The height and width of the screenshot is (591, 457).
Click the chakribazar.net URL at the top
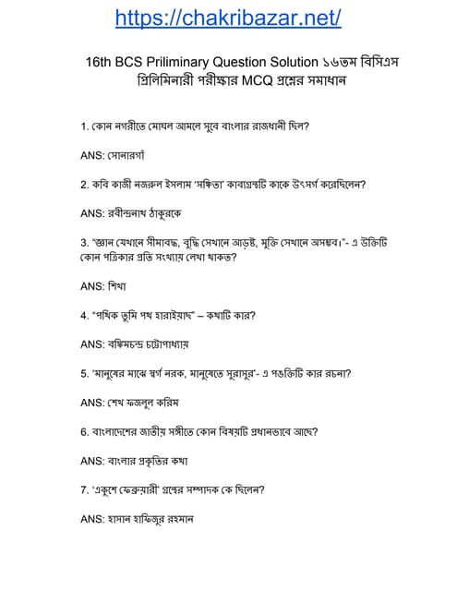click(228, 18)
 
